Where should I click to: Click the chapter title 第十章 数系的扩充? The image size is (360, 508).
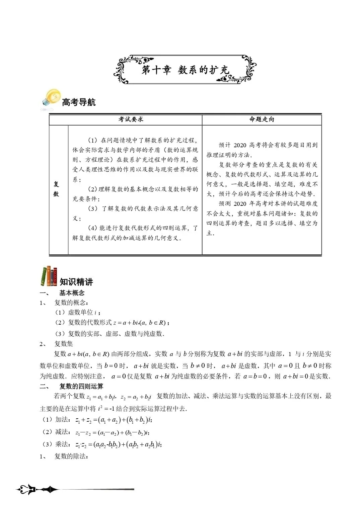(185, 70)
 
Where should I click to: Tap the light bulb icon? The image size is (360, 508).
(51, 99)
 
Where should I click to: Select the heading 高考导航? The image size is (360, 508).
(79, 102)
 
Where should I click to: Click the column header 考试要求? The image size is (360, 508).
(131, 119)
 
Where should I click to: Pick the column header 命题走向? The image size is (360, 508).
(262, 119)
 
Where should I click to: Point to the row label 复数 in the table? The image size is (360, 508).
(56, 189)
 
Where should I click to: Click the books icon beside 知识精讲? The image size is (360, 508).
(49, 276)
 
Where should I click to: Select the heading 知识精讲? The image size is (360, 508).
(76, 282)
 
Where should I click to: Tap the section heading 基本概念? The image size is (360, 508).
(72, 293)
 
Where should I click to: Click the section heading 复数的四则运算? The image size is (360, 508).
(81, 386)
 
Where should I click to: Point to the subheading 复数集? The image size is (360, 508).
(64, 344)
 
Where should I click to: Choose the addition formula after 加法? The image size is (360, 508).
(114, 420)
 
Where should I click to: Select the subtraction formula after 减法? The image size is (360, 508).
(113, 432)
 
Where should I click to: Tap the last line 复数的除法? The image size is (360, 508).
(71, 456)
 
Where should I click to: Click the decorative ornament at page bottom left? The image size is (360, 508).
(37, 490)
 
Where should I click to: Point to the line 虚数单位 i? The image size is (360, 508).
(78, 313)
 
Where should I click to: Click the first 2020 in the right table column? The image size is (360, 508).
(239, 145)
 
